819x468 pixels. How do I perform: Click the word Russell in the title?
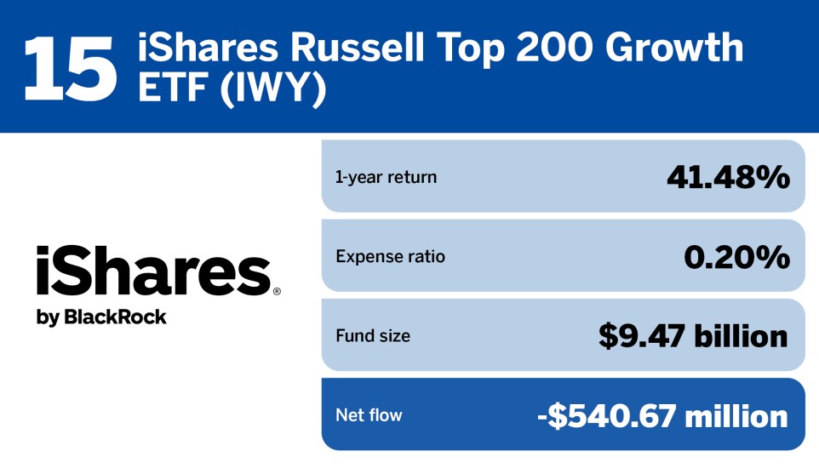tap(358, 47)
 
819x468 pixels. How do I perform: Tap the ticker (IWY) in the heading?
tap(273, 88)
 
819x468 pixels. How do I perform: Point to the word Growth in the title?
tap(674, 47)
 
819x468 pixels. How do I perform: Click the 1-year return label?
tap(386, 177)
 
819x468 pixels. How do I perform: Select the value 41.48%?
tap(729, 177)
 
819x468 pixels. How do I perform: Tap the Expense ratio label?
tap(390, 256)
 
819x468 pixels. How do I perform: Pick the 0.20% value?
tap(737, 257)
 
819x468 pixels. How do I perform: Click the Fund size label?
tap(373, 336)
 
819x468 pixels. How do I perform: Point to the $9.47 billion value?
tap(693, 336)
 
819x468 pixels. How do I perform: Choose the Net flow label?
tap(369, 415)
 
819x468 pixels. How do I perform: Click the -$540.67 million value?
tap(663, 416)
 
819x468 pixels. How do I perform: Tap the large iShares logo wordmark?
tap(154, 271)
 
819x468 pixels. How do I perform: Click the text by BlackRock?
tap(101, 317)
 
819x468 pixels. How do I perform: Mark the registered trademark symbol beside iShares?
tap(277, 291)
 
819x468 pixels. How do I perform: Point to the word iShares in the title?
tap(208, 47)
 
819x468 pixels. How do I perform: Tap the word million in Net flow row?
tap(736, 416)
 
